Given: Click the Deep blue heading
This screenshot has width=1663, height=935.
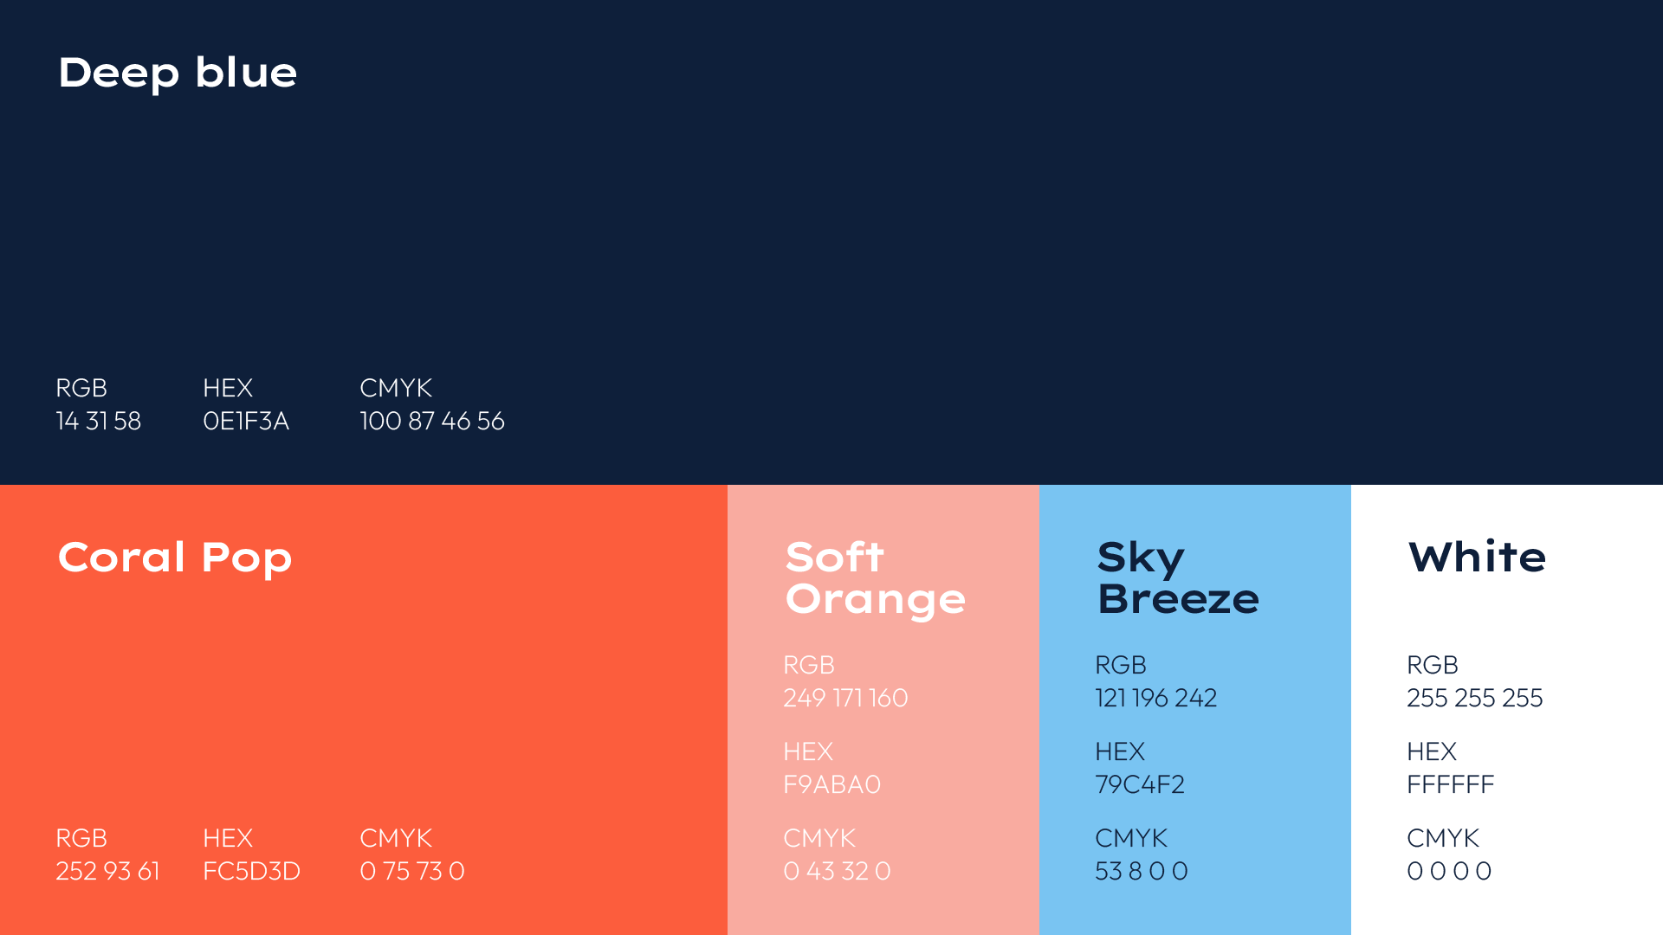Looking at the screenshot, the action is [178, 73].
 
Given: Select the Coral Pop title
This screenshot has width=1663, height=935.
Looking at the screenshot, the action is [175, 558].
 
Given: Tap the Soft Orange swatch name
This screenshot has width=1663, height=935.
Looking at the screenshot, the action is [875, 577].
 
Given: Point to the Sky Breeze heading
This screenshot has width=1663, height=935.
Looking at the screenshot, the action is [1178, 577].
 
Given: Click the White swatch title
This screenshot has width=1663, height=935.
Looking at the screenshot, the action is [1477, 557].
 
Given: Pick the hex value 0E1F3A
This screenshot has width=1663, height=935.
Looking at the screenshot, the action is [246, 421].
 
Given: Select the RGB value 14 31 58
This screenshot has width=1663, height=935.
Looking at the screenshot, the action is [99, 421].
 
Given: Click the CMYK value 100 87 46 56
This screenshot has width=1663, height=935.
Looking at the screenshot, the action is [432, 421].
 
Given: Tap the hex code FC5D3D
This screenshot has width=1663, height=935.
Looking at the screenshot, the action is [251, 871].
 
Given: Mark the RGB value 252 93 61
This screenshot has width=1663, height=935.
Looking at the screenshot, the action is [107, 871].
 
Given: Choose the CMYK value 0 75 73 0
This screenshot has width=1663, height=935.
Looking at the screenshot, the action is [412, 871].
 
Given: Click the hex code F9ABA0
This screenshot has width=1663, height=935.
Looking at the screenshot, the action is [831, 784].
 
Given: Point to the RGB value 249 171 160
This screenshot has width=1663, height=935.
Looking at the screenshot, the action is [845, 698].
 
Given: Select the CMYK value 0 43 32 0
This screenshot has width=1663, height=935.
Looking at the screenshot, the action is [837, 871].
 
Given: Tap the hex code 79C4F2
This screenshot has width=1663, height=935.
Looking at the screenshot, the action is [1140, 784].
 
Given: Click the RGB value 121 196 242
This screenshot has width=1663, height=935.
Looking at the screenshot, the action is [1156, 698].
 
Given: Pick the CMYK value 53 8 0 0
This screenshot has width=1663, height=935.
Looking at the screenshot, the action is [1142, 871].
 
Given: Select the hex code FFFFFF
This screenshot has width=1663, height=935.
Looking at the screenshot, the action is [1451, 784].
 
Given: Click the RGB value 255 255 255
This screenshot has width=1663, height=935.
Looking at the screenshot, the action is [1475, 698].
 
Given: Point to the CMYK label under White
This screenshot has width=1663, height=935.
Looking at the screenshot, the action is [1443, 838].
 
